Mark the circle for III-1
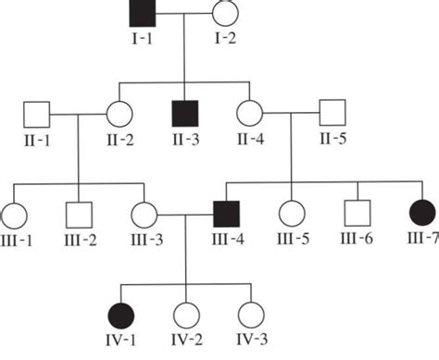point(14,215)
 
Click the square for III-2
point(77,215)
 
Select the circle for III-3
point(144,215)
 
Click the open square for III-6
point(356,215)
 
